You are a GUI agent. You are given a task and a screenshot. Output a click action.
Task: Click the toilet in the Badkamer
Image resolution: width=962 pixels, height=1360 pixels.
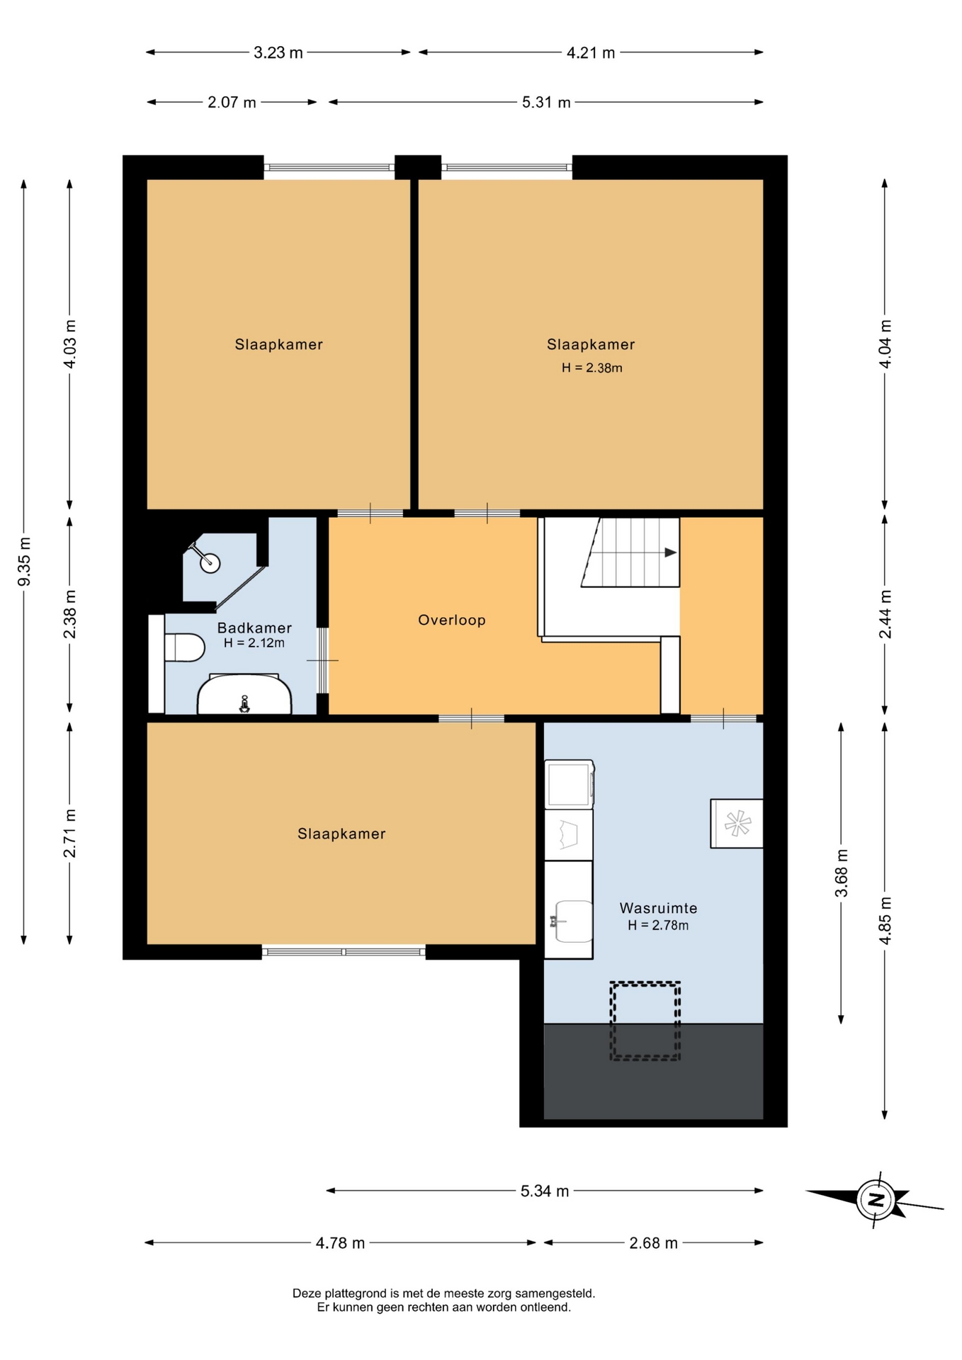184,647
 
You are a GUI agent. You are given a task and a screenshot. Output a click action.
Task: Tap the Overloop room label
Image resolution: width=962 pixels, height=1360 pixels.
452,620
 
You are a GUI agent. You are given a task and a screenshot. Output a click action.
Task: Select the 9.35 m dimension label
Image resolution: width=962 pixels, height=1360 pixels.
24,562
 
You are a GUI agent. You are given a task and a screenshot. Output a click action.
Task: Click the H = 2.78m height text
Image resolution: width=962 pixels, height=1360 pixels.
658,925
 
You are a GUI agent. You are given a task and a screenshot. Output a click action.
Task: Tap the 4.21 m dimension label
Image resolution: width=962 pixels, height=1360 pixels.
591,52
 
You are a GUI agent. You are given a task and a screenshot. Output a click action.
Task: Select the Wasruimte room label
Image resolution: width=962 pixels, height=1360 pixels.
658,908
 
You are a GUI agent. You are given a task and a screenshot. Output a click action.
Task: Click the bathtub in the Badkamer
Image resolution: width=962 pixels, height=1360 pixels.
244,694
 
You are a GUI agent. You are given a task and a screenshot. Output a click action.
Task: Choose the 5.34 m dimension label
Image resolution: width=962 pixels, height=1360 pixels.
545,1191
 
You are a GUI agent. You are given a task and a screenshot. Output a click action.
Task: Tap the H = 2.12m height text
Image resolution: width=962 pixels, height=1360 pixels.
254,643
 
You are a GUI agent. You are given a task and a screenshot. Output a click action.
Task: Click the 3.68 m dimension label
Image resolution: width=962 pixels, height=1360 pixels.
842,873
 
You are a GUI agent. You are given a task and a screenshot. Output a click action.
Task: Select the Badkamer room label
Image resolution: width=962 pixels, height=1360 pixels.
254,628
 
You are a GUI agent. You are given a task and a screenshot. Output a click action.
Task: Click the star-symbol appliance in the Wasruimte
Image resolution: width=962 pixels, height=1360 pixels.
737,823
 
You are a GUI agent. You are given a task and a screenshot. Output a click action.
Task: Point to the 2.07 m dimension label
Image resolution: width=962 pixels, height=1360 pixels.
232,103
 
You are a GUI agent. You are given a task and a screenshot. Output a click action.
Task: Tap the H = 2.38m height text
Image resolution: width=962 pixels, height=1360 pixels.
592,368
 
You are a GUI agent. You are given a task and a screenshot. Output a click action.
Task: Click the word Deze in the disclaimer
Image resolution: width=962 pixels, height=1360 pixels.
307,1293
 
